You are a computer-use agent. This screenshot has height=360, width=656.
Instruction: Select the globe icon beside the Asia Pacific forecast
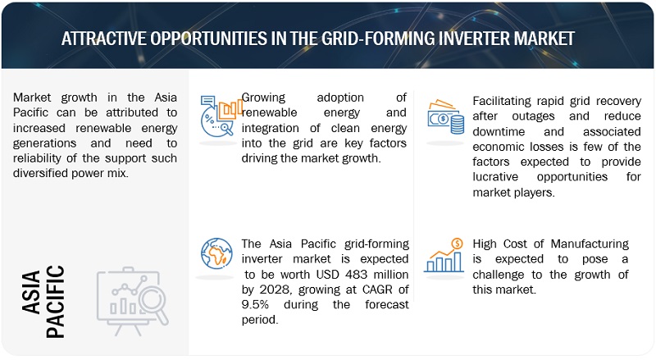point(216,253)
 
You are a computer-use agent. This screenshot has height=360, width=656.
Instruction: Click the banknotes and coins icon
point(445,116)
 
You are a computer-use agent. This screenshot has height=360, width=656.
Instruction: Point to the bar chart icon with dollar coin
point(444,255)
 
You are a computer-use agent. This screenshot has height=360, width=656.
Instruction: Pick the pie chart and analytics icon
point(221,116)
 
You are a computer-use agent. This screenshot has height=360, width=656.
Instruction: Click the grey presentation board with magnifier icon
point(133,302)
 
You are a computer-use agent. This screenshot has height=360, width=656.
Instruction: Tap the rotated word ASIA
point(31,292)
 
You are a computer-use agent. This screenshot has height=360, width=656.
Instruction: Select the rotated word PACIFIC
point(55,302)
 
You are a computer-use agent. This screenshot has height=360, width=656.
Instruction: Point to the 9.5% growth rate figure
point(255,304)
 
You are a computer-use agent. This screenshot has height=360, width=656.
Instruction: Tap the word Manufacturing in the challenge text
point(590,244)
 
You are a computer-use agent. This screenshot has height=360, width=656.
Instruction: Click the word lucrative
point(495,176)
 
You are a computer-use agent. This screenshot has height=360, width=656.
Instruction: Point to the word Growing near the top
point(263,98)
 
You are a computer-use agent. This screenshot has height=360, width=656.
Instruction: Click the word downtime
point(499,131)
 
